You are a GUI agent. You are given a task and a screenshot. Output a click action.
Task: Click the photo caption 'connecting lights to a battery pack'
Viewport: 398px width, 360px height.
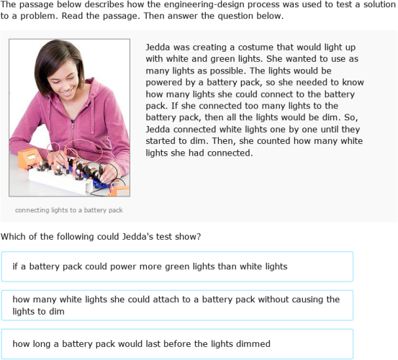click(x=69, y=210)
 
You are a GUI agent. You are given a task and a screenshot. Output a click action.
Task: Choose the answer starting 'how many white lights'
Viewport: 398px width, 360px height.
click(x=177, y=305)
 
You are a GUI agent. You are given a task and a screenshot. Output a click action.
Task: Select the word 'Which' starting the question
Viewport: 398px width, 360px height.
click(x=15, y=236)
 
